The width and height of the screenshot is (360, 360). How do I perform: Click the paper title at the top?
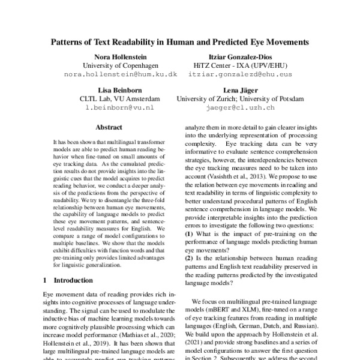pyautogui.click(x=180, y=43)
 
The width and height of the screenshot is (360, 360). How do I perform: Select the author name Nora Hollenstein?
pyautogui.click(x=112, y=56)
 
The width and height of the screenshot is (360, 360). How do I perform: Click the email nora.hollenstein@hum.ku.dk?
pyautogui.click(x=112, y=74)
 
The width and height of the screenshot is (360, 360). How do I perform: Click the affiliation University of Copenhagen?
pyautogui.click(x=112, y=65)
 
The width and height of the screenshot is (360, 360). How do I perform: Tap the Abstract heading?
pyautogui.click(x=109, y=127)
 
